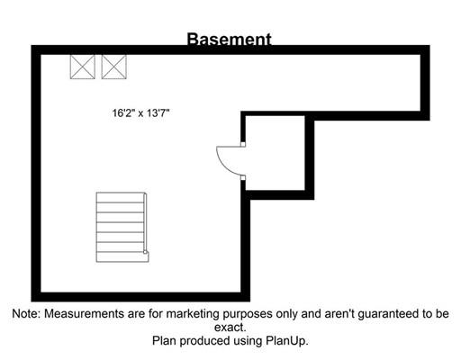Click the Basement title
230,39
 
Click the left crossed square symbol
83,67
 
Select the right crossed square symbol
114,67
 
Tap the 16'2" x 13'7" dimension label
141,113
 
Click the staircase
122,227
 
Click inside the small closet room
275,153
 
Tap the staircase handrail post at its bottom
146,253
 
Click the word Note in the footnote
26,314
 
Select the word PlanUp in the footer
287,341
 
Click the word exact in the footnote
230,328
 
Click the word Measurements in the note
85,314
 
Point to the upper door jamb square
243,144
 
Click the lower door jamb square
243,177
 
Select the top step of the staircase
120,197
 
